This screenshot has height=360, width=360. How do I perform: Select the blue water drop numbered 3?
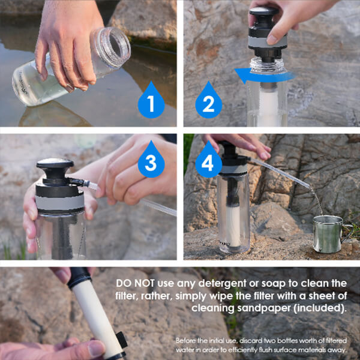151,160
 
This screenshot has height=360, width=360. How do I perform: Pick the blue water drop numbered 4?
208,160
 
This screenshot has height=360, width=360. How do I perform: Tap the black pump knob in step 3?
55,169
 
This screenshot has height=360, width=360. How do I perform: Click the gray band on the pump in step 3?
59,203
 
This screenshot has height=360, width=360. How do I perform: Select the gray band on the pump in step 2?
268,41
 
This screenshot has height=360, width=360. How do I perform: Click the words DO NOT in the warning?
135,283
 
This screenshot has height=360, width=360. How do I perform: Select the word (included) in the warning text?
320,308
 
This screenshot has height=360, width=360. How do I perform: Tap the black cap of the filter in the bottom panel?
79,277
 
